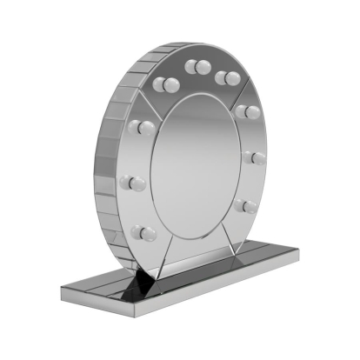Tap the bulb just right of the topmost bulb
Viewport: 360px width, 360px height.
click(227, 76)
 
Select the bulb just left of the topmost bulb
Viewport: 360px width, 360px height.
click(167, 84)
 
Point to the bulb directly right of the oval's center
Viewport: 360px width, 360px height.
click(256, 157)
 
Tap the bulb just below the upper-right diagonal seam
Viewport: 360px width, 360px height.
click(247, 111)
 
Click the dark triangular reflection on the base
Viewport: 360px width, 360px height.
click(142, 282)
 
